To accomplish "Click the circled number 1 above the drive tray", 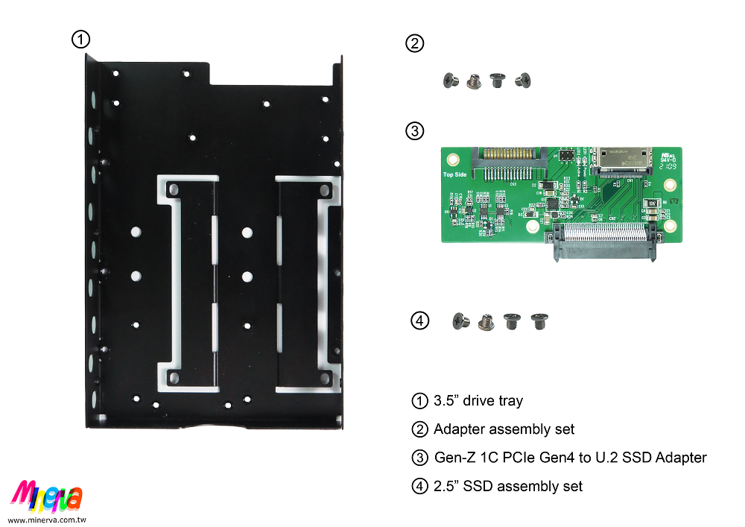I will [x=80, y=39].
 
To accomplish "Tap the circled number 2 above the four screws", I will [x=414, y=43].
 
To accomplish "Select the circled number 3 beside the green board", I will [x=414, y=131].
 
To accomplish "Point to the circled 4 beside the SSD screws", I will [x=420, y=321].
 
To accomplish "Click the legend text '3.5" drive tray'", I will [x=478, y=401].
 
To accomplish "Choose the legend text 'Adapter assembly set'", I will [x=504, y=429].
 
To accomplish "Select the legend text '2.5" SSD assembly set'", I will [x=508, y=486].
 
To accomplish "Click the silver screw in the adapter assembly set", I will [x=472, y=81].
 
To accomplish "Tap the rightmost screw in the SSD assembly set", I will [x=537, y=321].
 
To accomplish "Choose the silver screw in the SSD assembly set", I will [x=486, y=322].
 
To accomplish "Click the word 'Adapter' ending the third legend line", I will [x=681, y=457].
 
